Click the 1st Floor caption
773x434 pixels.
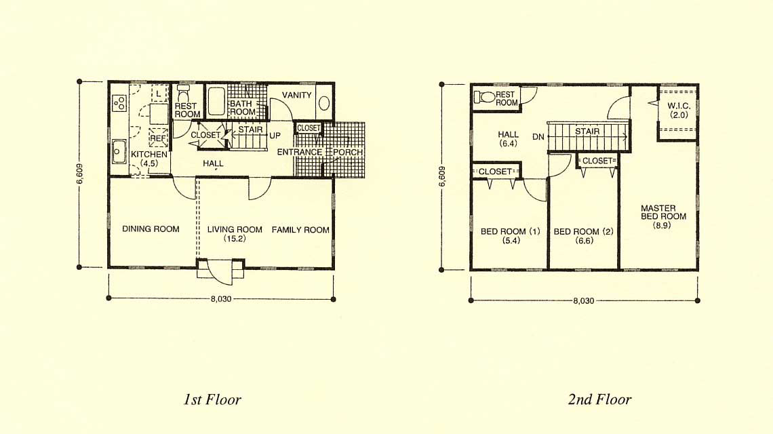pos(212,399)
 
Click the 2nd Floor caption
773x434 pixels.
pos(599,399)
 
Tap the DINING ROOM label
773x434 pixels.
pos(151,229)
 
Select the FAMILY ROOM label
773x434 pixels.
pos(300,229)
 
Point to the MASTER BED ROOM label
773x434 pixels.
pos(663,212)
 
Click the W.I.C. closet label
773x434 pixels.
pos(679,106)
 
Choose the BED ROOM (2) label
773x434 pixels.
pos(584,231)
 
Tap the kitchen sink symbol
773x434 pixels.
pos(118,151)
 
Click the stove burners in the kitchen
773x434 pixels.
pos(119,103)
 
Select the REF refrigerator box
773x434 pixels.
pos(158,138)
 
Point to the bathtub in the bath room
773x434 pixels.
pos(216,101)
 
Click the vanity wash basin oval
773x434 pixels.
pos(324,103)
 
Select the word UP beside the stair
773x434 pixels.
pos(275,136)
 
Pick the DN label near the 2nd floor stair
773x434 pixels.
pos(538,136)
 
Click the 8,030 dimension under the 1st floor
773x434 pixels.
pos(221,299)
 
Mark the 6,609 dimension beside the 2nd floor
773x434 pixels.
pos(441,176)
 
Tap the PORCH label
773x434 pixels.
pos(348,152)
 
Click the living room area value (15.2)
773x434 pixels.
pos(235,239)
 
